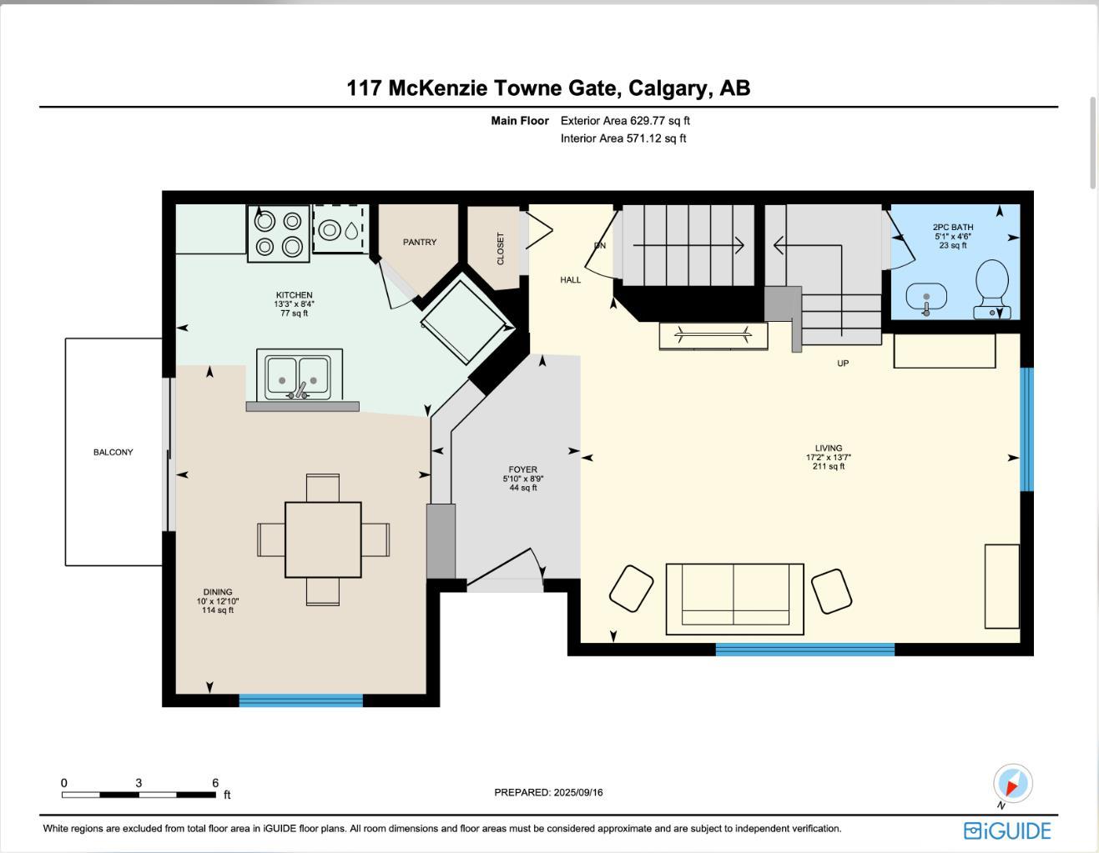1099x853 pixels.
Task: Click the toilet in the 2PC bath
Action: click(991, 288)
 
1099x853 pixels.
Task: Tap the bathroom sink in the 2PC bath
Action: click(925, 296)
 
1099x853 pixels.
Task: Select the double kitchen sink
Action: click(298, 378)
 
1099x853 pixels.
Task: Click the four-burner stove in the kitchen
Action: click(278, 233)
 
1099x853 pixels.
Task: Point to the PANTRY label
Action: click(420, 242)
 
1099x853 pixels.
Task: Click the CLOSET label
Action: click(501, 248)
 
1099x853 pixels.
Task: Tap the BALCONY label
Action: click(113, 452)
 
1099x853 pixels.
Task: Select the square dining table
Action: click(323, 539)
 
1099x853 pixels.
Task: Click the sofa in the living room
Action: click(734, 598)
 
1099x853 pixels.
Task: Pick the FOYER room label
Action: click(523, 469)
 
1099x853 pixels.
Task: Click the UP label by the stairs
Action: click(843, 364)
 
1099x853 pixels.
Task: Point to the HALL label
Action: click(571, 280)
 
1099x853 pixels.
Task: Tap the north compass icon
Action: click(1012, 784)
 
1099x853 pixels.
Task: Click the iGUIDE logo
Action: click(1007, 830)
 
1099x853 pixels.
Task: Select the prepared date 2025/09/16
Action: click(548, 792)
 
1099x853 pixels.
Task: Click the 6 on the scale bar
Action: click(215, 783)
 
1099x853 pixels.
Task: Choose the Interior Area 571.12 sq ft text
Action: click(623, 138)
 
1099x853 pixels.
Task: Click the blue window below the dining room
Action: click(300, 700)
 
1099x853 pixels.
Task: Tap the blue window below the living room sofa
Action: click(804, 649)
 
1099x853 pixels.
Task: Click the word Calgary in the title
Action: click(667, 88)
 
